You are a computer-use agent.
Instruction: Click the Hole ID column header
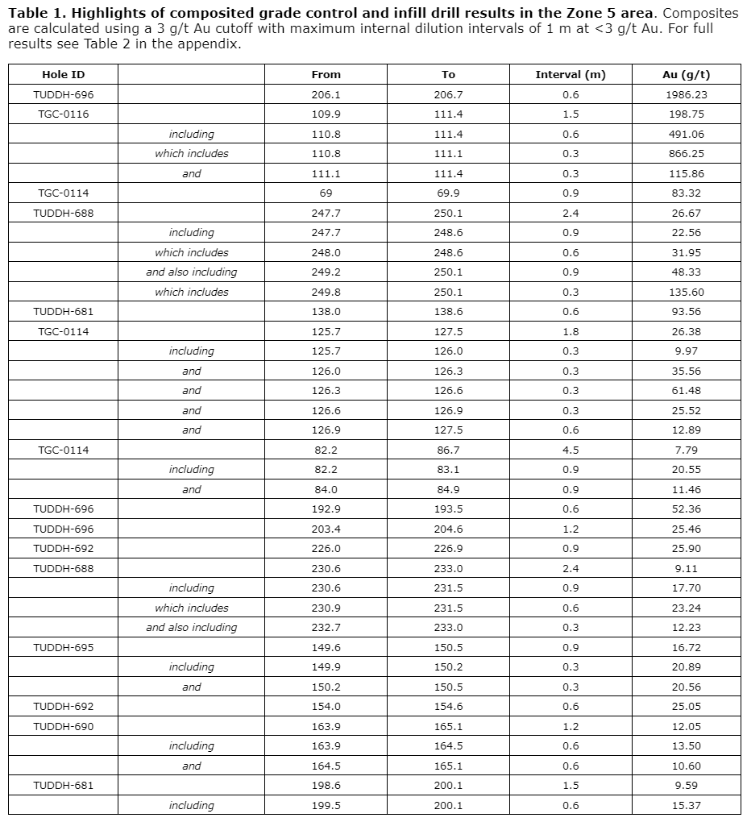point(63,74)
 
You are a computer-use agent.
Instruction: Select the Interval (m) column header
point(570,74)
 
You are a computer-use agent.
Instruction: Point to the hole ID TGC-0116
point(63,114)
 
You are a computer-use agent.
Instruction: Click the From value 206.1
point(326,94)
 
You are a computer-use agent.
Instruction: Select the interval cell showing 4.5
point(570,450)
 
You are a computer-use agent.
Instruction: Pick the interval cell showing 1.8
point(570,331)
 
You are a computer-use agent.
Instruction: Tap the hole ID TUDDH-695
point(63,647)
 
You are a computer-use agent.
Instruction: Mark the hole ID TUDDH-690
point(63,726)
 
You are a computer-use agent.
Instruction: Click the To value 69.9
point(448,193)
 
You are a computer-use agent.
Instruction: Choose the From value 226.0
point(326,548)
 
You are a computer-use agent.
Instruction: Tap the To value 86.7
point(448,450)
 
